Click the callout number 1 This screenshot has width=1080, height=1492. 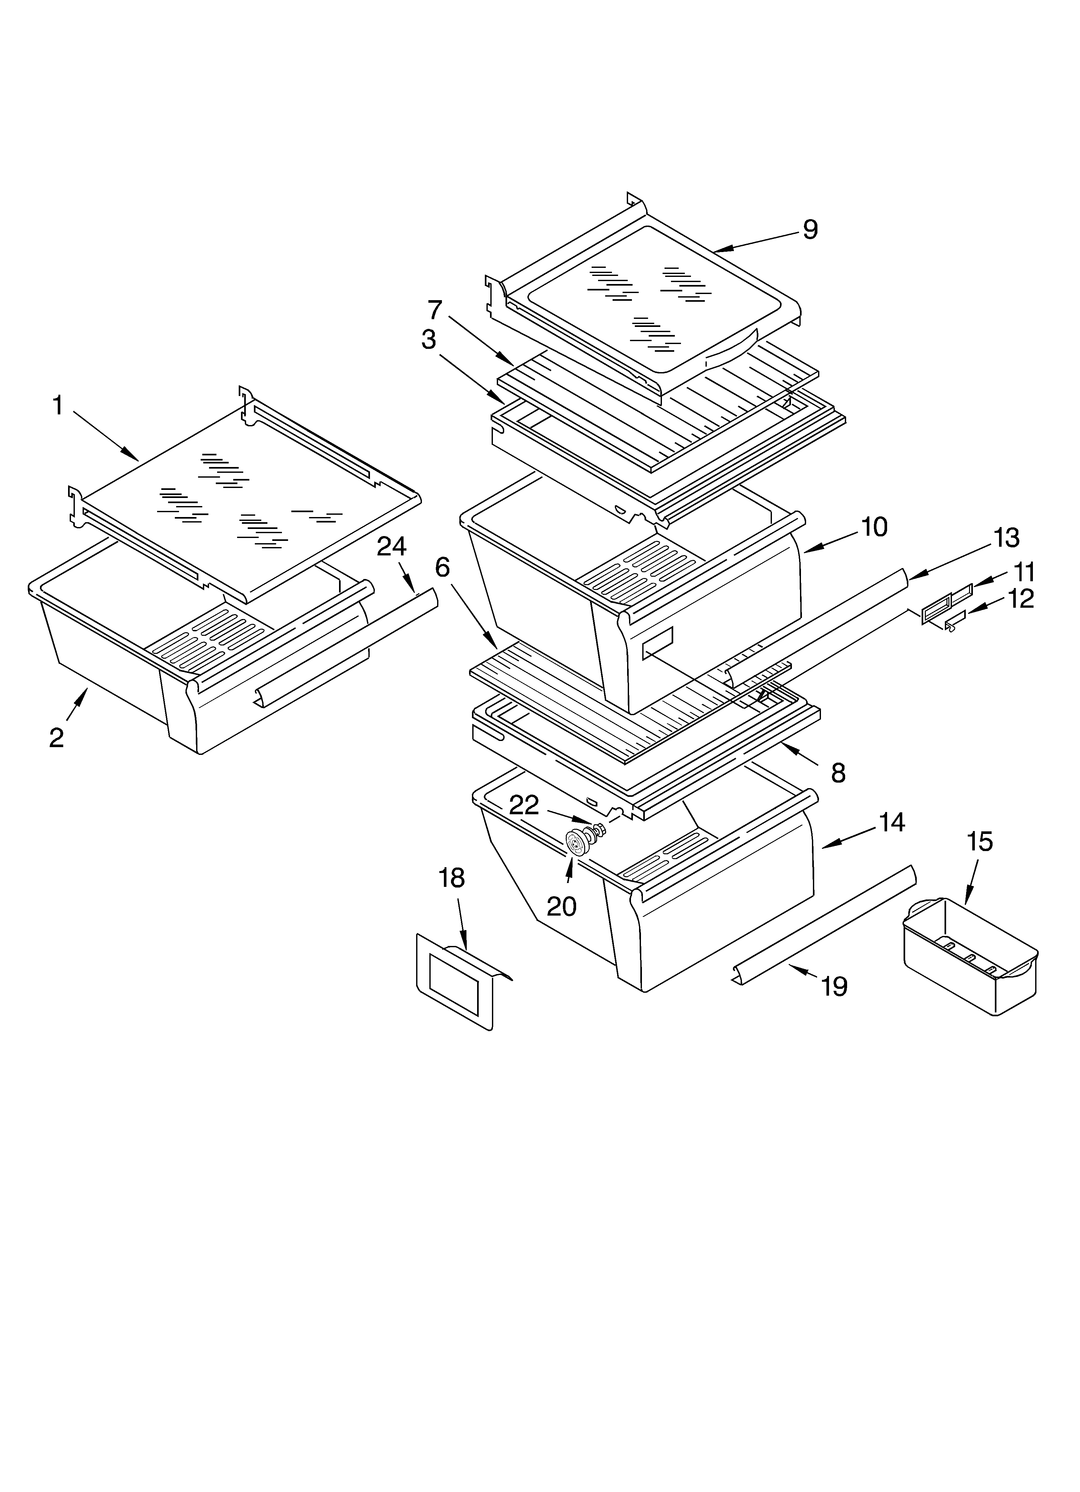pyautogui.click(x=58, y=406)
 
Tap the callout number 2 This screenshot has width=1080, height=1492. pyautogui.click(x=56, y=738)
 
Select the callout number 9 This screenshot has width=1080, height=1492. pyautogui.click(x=810, y=229)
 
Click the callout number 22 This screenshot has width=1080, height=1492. pyautogui.click(x=524, y=805)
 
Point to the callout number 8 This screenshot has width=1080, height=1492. pyautogui.click(x=838, y=774)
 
